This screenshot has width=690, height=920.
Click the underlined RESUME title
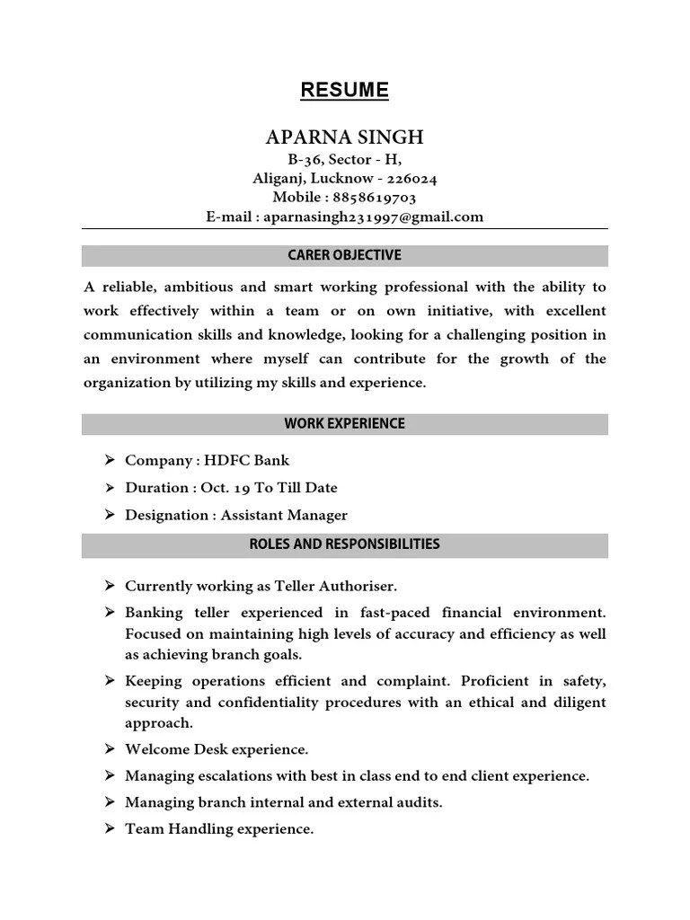click(345, 90)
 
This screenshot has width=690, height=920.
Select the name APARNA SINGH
click(345, 137)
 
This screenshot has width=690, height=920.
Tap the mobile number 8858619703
click(376, 197)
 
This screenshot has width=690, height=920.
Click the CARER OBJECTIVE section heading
click(345, 255)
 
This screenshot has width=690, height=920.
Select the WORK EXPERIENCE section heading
click(345, 423)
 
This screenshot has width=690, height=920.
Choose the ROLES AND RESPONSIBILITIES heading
click(345, 544)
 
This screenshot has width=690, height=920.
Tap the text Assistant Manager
click(284, 515)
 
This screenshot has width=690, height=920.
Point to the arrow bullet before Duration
click(109, 488)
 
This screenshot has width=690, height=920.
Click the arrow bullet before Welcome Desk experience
click(109, 748)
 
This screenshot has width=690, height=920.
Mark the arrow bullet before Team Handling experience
click(109, 829)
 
